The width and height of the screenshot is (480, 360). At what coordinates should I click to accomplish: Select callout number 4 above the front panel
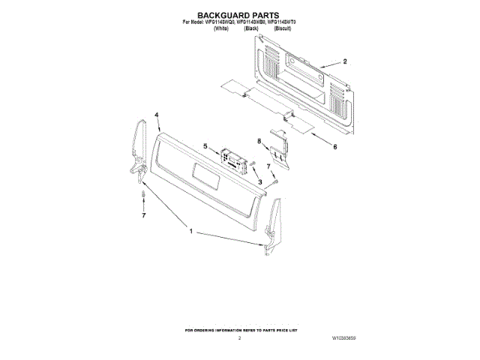[x=157, y=115]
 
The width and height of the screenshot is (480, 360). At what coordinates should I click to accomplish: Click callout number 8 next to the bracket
[x=259, y=141]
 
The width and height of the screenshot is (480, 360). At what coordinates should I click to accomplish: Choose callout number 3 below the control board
[x=259, y=182]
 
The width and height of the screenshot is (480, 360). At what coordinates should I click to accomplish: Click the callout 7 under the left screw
[x=144, y=216]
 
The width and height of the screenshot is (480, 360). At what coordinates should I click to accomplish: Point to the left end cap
[x=139, y=150]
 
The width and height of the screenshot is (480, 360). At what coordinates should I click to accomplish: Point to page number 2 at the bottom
[x=239, y=339]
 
